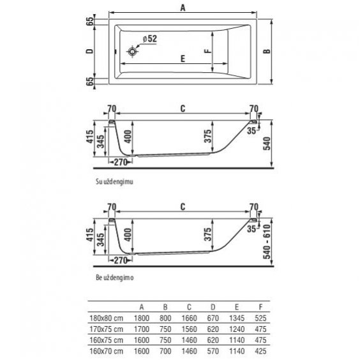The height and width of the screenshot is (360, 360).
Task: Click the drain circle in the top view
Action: tap(132, 52)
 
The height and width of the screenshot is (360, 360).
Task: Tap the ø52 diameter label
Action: tap(150, 38)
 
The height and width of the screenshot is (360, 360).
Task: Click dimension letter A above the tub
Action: tap(183, 8)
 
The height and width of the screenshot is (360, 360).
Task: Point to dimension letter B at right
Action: tap(267, 51)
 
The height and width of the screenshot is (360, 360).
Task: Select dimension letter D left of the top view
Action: tap(89, 51)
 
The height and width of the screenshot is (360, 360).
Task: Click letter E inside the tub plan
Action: tap(183, 59)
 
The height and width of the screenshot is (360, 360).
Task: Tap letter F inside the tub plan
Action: tap(207, 51)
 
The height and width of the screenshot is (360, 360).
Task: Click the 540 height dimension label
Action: tap(267, 144)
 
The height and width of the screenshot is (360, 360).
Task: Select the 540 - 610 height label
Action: tap(267, 242)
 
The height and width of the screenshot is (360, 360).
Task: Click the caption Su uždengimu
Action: tap(114, 182)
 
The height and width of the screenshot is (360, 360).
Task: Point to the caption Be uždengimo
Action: tap(114, 278)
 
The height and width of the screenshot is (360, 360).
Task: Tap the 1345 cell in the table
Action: tap(237, 319)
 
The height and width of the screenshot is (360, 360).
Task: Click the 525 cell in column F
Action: tap(260, 319)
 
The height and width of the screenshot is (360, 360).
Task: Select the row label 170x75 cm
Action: tap(107, 329)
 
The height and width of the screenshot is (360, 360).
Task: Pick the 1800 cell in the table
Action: tap(142, 319)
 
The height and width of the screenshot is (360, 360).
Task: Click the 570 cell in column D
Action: tap(213, 351)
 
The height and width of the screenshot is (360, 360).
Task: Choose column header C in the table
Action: tap(189, 307)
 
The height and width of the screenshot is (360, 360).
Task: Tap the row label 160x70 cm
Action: tap(107, 351)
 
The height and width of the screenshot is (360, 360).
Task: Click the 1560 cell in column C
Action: tap(189, 329)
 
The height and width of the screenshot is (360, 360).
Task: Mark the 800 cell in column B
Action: tap(165, 319)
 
